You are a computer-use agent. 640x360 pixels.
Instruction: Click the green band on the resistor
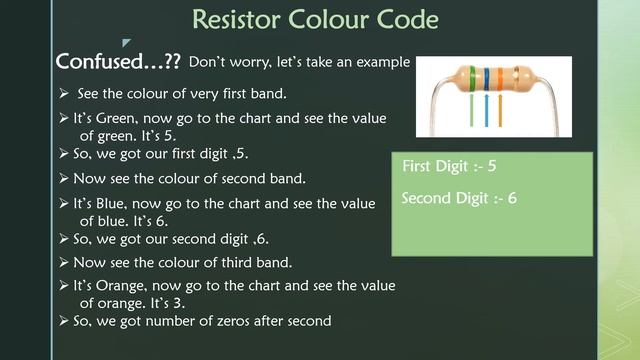click(470, 80)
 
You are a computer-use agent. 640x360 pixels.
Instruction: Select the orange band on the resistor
click(498, 80)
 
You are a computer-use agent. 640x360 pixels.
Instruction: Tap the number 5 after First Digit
click(491, 165)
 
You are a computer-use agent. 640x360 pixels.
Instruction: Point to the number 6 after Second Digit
click(511, 199)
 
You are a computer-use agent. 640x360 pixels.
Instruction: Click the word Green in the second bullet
click(124, 118)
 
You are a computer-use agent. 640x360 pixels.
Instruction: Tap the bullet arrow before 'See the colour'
click(63, 95)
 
